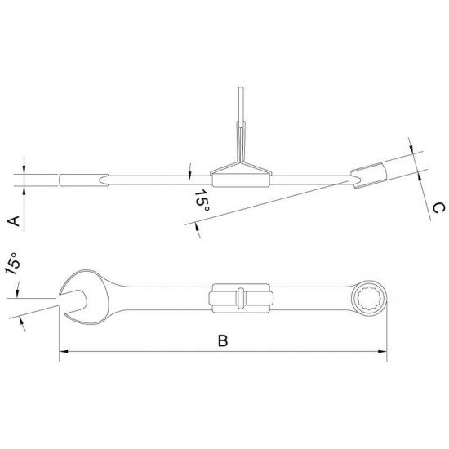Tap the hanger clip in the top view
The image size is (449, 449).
[240, 299]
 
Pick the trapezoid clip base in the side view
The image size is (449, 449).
[240, 173]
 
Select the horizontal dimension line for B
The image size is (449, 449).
[223, 353]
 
